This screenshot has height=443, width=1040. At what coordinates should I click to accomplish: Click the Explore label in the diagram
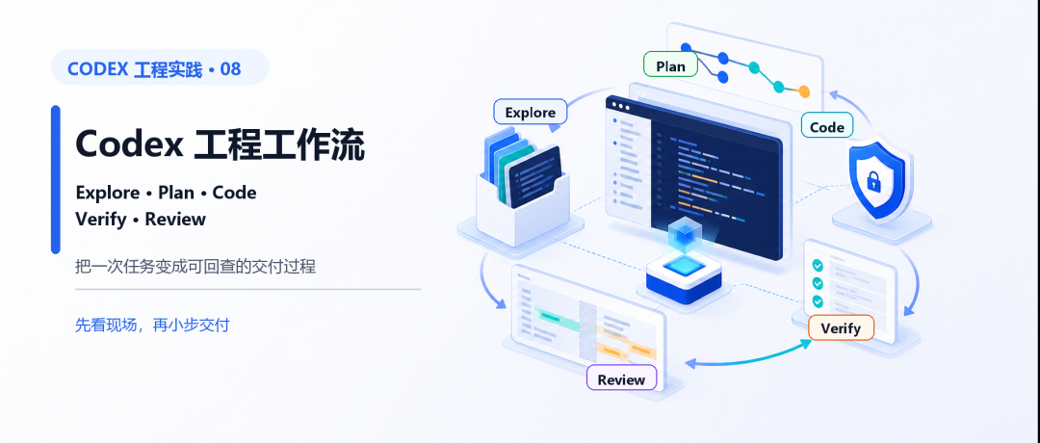530,112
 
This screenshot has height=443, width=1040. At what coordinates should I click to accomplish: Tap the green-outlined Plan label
670,65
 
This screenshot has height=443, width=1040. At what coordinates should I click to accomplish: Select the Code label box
827,127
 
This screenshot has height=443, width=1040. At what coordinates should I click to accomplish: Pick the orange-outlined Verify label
841,327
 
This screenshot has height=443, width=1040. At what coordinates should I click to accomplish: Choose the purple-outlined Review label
621,379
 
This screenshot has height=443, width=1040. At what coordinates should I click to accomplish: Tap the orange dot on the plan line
804,91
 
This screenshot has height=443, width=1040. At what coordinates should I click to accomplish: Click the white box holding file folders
523,204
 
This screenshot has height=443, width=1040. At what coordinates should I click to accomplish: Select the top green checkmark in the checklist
818,265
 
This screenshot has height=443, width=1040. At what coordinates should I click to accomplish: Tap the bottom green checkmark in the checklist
818,301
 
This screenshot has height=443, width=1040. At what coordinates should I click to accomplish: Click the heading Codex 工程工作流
221,143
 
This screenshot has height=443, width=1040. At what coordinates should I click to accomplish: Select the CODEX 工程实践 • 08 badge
160,67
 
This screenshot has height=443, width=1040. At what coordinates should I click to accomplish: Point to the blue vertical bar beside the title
56,180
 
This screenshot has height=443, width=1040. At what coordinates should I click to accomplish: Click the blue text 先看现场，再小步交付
152,325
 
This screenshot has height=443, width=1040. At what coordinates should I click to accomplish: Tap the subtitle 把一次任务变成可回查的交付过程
195,267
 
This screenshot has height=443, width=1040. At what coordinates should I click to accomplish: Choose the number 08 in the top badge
230,68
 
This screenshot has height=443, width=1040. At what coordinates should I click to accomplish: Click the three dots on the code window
621,106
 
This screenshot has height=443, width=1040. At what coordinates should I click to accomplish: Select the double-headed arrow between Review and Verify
748,358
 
